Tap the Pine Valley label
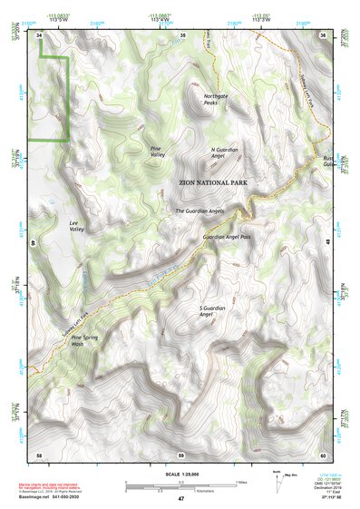[x=157, y=152]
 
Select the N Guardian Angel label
[x=223, y=153]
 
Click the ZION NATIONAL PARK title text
[x=213, y=183]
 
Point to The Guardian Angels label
[x=199, y=211]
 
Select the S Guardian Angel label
[x=210, y=311]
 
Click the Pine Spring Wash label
[x=83, y=341]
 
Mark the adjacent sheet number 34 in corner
[x=40, y=34]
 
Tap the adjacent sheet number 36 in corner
[x=322, y=34]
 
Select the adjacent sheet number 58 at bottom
[x=40, y=454]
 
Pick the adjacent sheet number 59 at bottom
[x=181, y=454]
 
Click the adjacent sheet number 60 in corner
[x=322, y=454]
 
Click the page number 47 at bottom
[x=180, y=499]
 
